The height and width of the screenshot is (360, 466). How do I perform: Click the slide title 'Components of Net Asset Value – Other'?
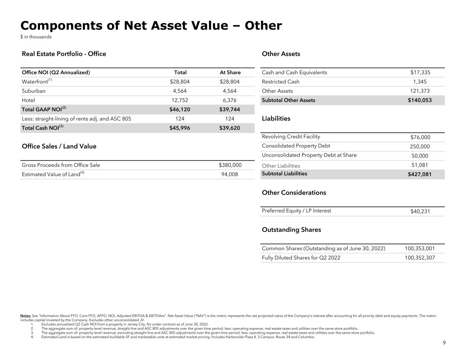151,26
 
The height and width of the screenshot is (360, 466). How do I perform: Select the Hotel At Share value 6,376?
230,100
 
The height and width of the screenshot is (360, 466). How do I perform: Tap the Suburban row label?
33,91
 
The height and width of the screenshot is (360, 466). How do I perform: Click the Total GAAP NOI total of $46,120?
180,110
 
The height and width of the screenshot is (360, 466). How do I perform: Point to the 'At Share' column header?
230,72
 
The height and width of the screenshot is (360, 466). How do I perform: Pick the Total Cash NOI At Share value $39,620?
229,128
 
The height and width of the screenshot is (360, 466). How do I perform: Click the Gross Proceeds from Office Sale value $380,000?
230,165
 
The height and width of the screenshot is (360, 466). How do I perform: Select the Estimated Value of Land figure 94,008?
230,174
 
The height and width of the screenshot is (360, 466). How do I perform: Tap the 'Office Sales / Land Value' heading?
59,146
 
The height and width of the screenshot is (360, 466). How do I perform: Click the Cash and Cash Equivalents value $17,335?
420,72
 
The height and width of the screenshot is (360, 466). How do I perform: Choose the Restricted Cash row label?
280,82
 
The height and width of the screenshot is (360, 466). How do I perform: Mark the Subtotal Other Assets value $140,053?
420,100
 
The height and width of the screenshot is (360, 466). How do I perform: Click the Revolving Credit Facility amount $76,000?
420,137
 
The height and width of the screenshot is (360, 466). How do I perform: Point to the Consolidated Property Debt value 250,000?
420,146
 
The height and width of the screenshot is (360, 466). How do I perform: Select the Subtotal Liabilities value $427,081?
420,174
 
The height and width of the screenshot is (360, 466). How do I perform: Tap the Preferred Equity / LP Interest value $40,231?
420,211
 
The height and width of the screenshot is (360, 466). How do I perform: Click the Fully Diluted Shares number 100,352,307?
420,258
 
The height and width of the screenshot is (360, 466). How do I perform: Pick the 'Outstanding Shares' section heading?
291,230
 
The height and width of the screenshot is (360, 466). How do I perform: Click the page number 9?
444,343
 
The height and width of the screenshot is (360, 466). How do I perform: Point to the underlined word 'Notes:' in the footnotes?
26,316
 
